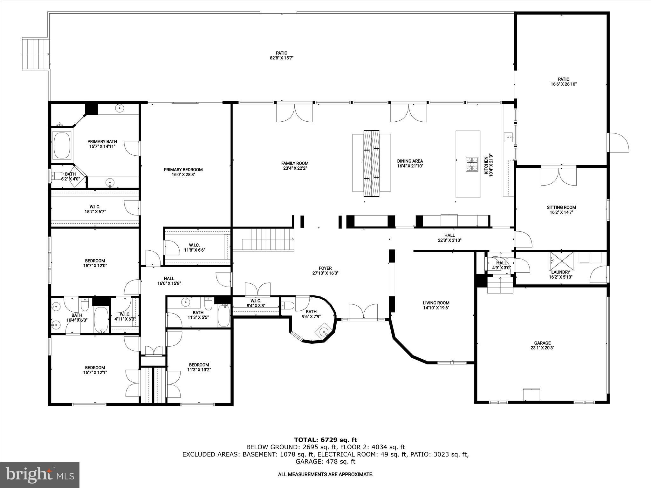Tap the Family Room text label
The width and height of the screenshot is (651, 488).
click(x=295, y=163)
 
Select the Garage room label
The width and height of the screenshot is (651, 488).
click(x=542, y=343)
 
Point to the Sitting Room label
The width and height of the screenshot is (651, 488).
click(x=561, y=207)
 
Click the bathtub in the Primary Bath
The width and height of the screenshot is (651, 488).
click(x=62, y=146)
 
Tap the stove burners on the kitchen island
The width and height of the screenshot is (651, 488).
click(x=472, y=164)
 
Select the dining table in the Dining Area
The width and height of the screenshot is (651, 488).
click(x=372, y=163)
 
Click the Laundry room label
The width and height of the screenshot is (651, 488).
click(x=560, y=272)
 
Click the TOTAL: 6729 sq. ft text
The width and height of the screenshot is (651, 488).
click(x=325, y=440)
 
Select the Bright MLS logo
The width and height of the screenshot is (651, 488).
click(x=40, y=475)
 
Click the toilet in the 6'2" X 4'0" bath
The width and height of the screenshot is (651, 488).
click(x=58, y=175)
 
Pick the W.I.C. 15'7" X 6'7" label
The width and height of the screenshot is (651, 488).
click(x=95, y=209)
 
